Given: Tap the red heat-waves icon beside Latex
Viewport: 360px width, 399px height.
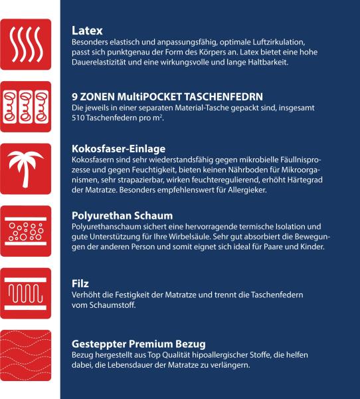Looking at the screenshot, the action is [x=25, y=45].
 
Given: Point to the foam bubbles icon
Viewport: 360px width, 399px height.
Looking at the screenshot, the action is [x=25, y=230].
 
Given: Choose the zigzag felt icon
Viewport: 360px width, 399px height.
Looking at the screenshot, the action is [x=25, y=292].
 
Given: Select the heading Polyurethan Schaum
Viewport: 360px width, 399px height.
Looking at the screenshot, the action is [x=122, y=216].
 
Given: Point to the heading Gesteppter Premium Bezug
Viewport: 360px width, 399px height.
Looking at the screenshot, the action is [x=137, y=344].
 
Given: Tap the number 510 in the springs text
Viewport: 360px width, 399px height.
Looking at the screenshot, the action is [x=78, y=118].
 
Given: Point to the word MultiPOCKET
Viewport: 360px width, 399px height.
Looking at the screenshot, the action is [x=152, y=96].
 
